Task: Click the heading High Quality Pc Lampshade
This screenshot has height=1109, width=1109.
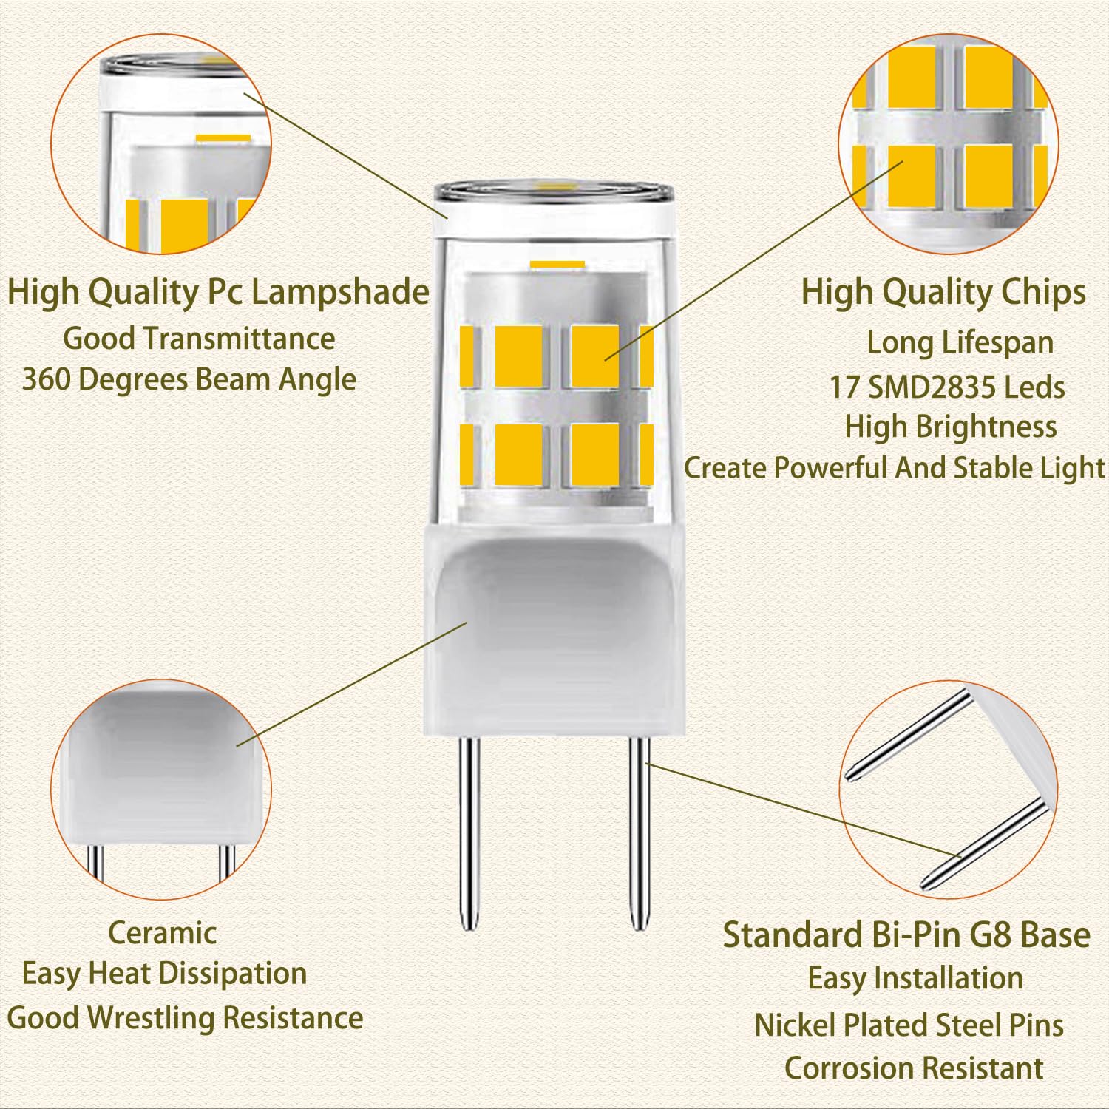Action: click(218, 292)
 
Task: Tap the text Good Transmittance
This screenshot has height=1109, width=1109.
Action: click(199, 339)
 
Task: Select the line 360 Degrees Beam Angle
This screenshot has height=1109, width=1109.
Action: click(189, 379)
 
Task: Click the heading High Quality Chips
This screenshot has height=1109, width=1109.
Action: click(943, 292)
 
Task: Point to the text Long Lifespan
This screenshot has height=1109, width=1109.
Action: click(960, 342)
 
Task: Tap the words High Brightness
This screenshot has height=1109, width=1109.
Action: click(951, 427)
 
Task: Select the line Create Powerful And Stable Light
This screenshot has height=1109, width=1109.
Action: click(894, 468)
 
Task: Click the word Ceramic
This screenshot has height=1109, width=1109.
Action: click(162, 932)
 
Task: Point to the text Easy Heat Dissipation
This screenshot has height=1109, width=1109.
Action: click(164, 974)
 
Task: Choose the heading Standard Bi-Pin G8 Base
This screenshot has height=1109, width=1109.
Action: click(906, 935)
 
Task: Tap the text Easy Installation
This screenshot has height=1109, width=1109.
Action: click(915, 978)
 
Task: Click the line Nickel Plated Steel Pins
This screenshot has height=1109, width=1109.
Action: click(909, 1025)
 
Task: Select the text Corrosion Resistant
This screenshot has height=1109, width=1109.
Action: click(914, 1068)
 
